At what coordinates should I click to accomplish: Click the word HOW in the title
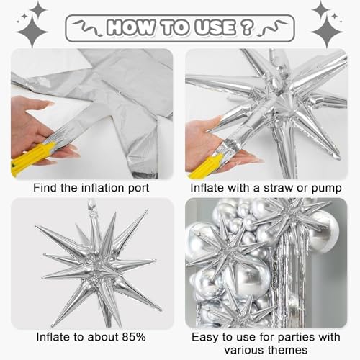point(132,27)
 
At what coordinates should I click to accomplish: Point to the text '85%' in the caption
point(132,336)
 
